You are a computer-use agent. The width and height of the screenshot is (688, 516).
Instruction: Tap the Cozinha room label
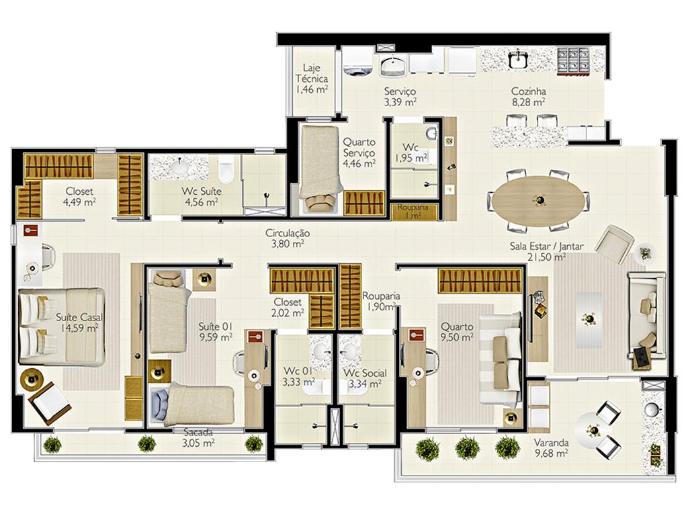(528, 91)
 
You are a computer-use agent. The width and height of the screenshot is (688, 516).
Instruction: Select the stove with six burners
(574, 60)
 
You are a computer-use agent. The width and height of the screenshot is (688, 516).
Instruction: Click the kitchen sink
(519, 59)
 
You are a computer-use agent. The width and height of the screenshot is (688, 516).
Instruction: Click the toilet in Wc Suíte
(226, 171)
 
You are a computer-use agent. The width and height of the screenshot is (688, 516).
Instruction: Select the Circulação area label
(288, 233)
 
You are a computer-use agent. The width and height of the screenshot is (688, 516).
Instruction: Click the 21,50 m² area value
(546, 257)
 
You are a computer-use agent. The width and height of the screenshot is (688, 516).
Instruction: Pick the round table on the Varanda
(593, 429)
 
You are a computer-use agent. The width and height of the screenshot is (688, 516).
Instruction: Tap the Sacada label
(198, 432)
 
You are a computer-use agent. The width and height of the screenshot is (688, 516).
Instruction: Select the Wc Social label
(365, 373)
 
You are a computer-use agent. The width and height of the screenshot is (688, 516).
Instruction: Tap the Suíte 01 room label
(215, 327)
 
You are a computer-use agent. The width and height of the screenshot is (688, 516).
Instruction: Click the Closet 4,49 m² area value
(79, 202)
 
